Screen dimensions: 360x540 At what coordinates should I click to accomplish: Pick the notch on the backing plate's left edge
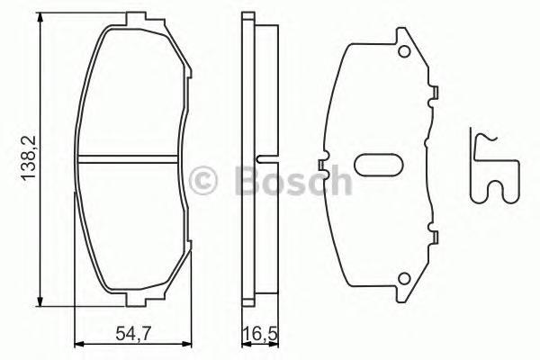(320, 163)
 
